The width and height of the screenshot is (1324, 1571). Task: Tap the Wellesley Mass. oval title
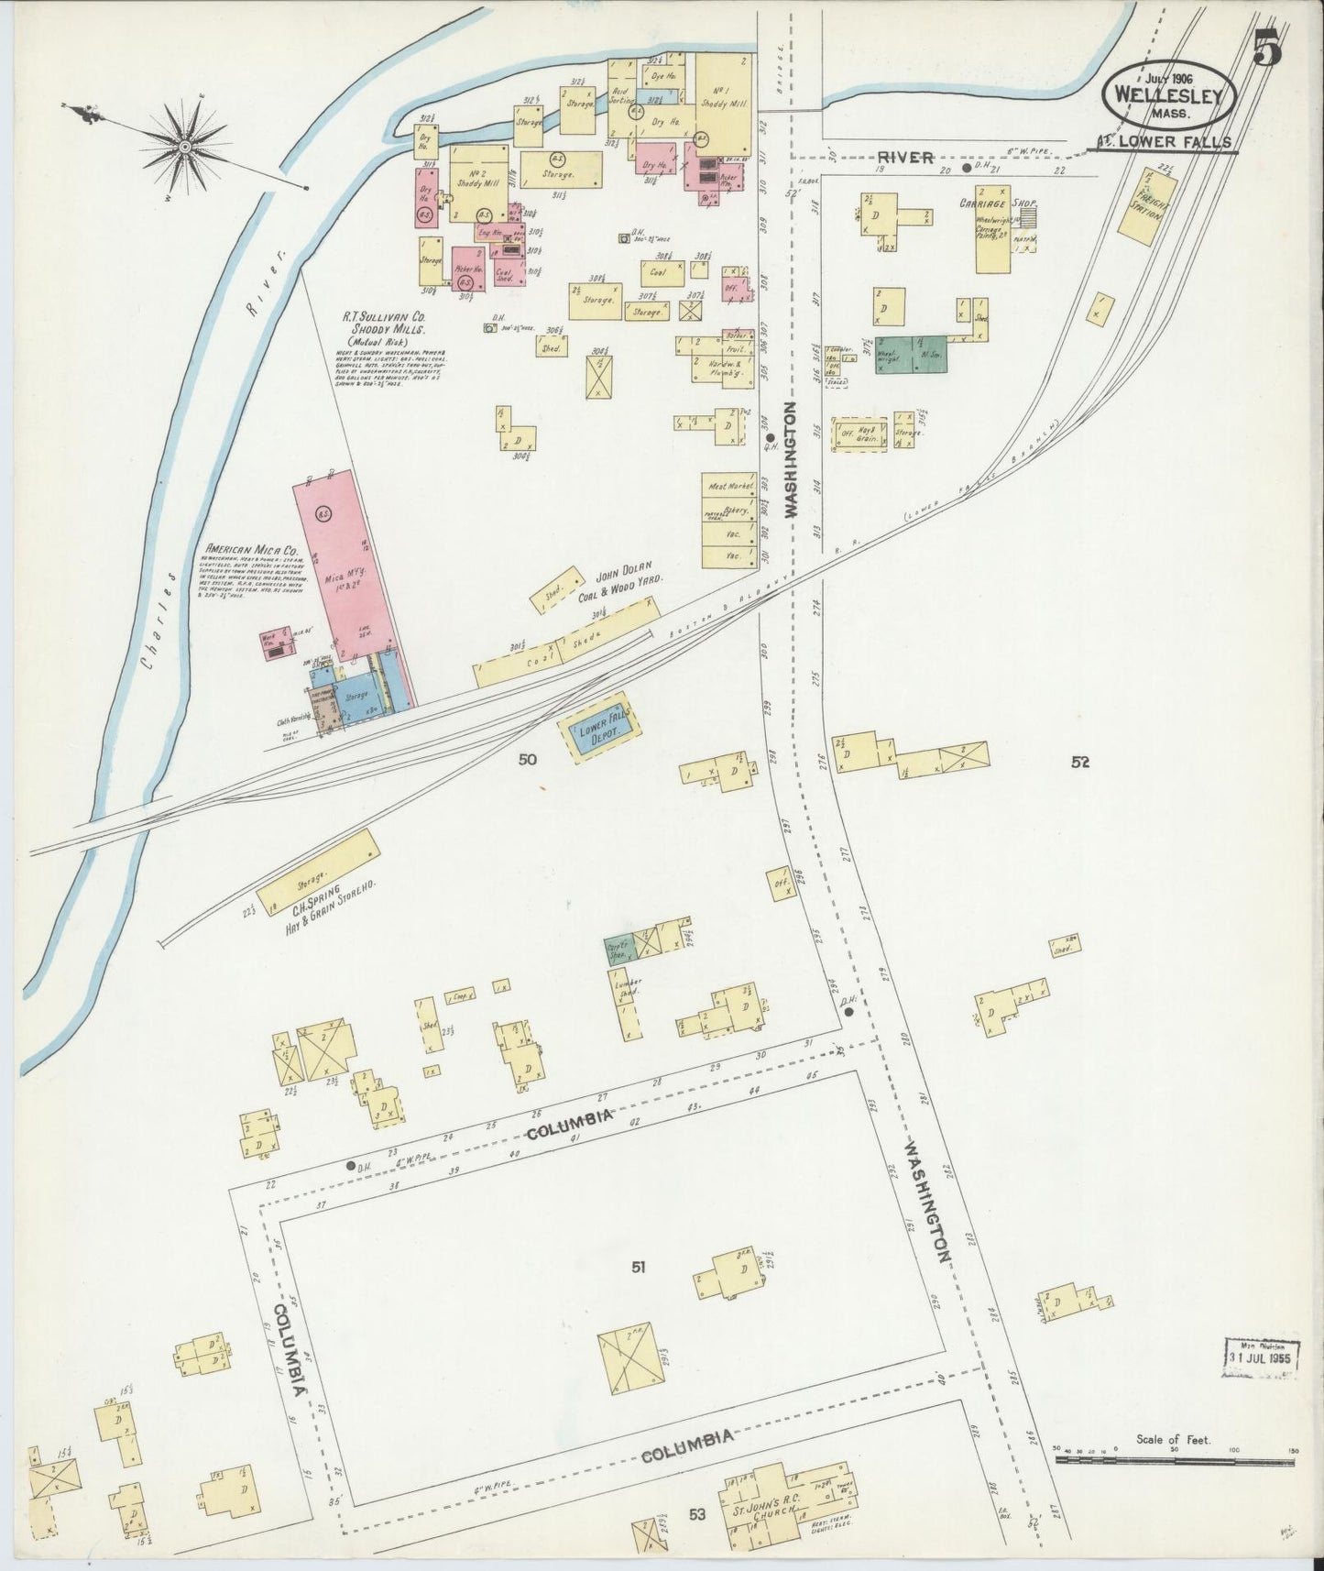click(x=1173, y=97)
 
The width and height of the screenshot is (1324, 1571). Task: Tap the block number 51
click(x=639, y=1268)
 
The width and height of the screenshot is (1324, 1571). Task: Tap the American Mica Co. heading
click(x=252, y=552)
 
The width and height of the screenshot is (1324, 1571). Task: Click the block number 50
click(x=527, y=759)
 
